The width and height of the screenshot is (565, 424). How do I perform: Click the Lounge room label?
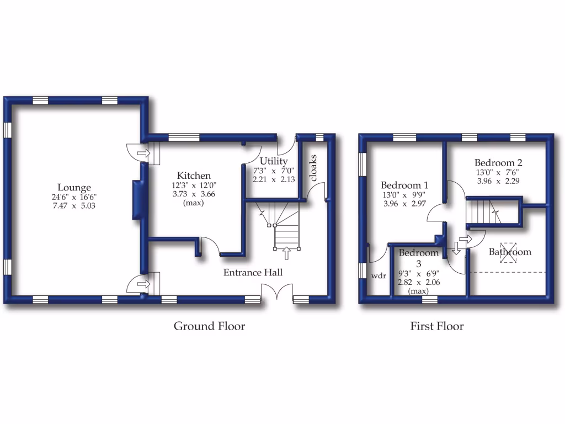74,187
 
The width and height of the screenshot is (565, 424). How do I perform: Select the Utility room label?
274,161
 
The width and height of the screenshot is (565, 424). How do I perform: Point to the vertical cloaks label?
314,168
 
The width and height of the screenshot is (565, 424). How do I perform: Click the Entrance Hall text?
253,272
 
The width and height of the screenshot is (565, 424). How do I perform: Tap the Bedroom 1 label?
405,185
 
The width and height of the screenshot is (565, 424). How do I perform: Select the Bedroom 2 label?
498,163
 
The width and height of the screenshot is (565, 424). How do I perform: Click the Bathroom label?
510,252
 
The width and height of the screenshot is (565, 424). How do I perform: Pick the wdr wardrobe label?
378,275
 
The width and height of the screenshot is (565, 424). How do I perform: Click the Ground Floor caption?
209,326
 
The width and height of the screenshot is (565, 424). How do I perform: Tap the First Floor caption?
436,326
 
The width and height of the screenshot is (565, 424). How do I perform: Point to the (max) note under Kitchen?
193,203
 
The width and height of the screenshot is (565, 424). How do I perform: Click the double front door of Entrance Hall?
277,293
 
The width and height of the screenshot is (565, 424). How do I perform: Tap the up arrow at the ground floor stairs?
286,253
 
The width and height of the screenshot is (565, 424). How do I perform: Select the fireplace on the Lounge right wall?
137,200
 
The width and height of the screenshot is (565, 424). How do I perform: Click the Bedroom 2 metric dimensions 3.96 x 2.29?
498,181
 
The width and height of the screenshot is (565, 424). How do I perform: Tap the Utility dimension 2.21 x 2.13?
274,179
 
